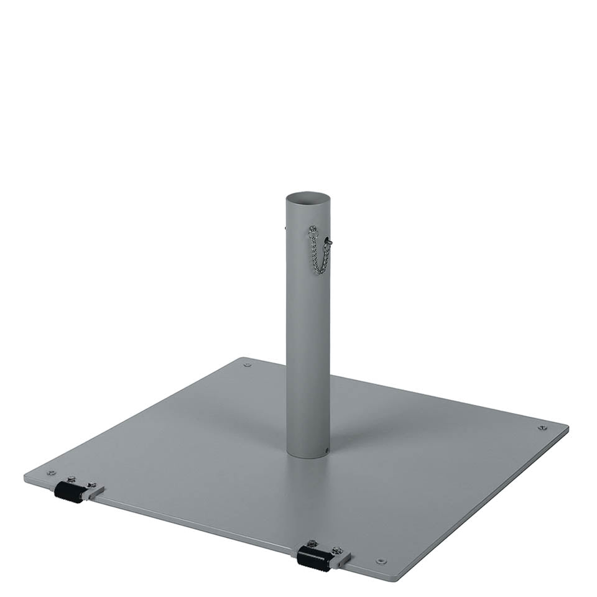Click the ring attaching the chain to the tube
pyautogui.click(x=313, y=229)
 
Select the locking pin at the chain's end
pyautogui.click(x=328, y=241)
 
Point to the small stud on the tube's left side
pyautogui.click(x=285, y=228)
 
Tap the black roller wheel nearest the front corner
pyautogui.click(x=313, y=558)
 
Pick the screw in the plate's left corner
pyautogui.click(x=51, y=473)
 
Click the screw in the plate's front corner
pyautogui.click(x=381, y=561)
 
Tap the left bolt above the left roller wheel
pyautogui.click(x=71, y=479)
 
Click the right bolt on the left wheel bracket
pyautogui.click(x=92, y=484)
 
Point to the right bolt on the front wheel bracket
pyautogui.click(x=337, y=550)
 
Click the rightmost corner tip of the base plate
pyautogui.click(x=567, y=427)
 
